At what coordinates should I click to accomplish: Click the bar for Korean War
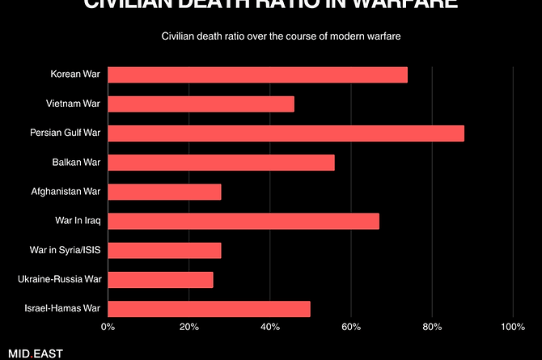(257, 75)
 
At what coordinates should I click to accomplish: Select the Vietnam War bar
(201, 104)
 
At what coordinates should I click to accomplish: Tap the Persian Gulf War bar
(286, 133)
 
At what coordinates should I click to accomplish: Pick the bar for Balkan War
(221, 163)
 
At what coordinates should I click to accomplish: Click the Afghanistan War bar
(164, 192)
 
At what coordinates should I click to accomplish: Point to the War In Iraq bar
(243, 221)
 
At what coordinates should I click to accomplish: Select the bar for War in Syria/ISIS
(164, 250)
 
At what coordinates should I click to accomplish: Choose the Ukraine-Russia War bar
(160, 280)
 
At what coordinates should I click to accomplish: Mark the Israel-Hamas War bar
(209, 309)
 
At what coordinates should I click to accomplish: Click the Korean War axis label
(74, 75)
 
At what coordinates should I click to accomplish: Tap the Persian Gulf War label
(65, 133)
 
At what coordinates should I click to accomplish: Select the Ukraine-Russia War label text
(59, 280)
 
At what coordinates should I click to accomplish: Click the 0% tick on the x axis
(108, 328)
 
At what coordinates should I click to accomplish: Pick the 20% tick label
(188, 328)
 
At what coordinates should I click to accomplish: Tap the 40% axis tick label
(269, 328)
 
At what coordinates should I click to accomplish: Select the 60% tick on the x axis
(350, 328)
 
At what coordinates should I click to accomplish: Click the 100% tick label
(512, 328)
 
